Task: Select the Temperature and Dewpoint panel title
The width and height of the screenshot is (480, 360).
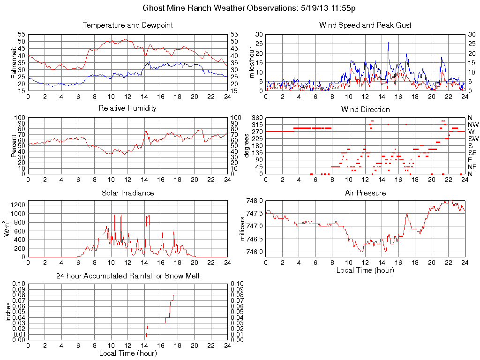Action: click(127, 25)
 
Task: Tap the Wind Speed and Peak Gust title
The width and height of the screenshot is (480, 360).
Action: click(365, 25)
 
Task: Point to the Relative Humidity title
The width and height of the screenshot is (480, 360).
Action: click(127, 108)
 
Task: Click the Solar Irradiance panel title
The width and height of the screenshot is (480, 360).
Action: click(127, 193)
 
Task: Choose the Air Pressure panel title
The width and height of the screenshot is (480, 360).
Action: click(365, 193)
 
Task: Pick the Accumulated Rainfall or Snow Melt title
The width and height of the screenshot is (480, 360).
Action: click(127, 276)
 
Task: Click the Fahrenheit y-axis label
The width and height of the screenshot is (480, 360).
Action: click(14, 63)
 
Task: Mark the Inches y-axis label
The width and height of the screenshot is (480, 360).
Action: click(8, 312)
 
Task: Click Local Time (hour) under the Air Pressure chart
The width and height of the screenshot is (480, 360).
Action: click(365, 270)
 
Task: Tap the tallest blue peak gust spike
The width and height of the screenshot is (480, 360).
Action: click(388, 43)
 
